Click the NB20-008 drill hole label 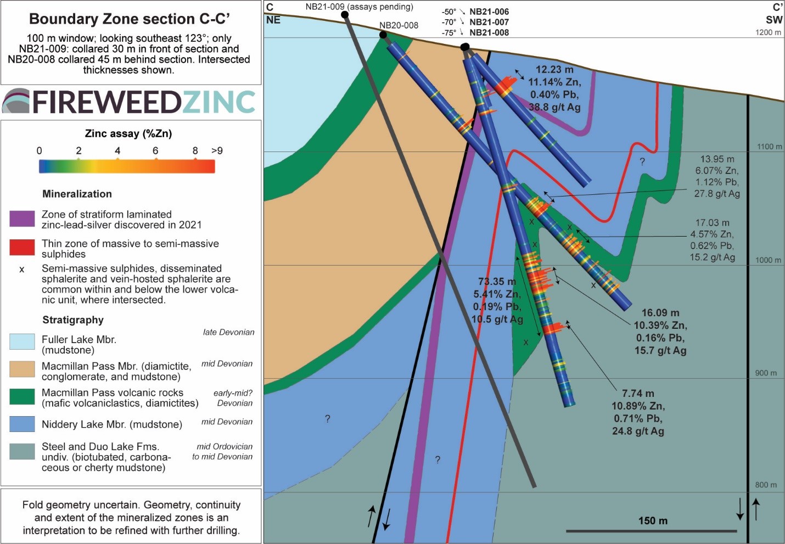(x=399, y=25)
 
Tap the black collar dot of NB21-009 (x=345, y=15)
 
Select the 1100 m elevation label (x=769, y=147)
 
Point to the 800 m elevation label (x=766, y=485)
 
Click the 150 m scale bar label (x=653, y=521)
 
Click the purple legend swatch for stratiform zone (x=22, y=219)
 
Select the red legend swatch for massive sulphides (x=22, y=248)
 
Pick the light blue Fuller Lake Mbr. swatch (x=22, y=341)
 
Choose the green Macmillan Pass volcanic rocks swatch (x=22, y=397)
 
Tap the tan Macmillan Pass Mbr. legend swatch (x=22, y=369)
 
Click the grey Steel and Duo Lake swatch (x=22, y=451)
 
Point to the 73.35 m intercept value (x=497, y=282)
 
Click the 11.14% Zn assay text (x=554, y=82)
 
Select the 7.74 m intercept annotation (x=638, y=394)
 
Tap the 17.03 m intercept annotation (x=713, y=223)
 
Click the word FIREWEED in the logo (x=106, y=102)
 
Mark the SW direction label (x=774, y=20)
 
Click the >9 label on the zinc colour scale (x=217, y=150)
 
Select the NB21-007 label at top (x=489, y=22)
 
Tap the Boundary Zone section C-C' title (x=130, y=19)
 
